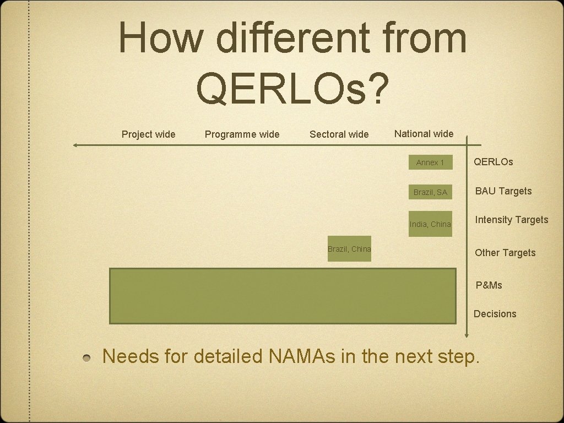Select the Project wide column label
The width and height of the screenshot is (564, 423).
148,134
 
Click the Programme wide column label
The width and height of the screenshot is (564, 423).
242,134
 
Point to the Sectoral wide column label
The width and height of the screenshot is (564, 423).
339,134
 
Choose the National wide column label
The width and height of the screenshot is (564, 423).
424,134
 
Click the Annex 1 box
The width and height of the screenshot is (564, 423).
430,162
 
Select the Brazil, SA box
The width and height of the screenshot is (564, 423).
430,192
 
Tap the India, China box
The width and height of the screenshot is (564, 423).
430,224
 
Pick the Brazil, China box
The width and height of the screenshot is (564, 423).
349,249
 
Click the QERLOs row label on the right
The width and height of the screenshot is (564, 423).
493,162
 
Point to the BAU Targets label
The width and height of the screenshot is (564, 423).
503,191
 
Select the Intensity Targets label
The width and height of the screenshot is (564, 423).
512,220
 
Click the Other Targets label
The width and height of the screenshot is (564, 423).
505,253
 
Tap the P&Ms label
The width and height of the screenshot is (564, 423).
489,285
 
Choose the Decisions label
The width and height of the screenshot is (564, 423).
495,314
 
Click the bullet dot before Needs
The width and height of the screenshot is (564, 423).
88,358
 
